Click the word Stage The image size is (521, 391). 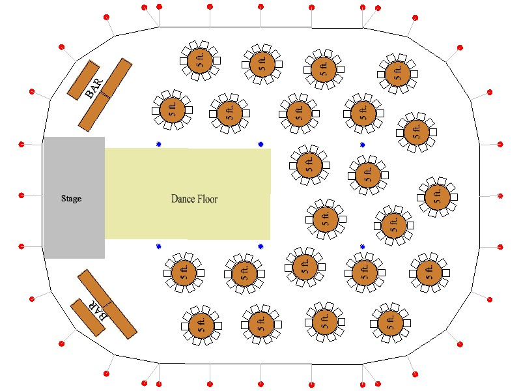(x=71, y=199)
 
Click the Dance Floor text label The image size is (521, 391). (x=194, y=199)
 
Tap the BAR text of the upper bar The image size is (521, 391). (x=94, y=89)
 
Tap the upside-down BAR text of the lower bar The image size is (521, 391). (x=98, y=310)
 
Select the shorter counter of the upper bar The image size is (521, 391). (x=83, y=80)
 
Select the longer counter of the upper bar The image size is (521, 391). (x=106, y=94)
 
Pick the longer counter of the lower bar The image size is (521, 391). (x=107, y=304)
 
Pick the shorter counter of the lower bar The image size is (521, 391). (x=88, y=317)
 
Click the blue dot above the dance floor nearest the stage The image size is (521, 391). (x=159, y=144)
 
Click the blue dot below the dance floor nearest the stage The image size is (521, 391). (x=159, y=246)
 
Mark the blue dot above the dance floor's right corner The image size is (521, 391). (x=261, y=144)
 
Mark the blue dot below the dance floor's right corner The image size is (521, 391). (x=261, y=246)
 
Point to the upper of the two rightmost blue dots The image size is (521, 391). (x=363, y=145)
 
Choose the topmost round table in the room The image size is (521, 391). (x=200, y=61)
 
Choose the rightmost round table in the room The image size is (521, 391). (x=437, y=197)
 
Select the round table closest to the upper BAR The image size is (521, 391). (x=172, y=110)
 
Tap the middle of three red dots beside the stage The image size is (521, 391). (x=21, y=195)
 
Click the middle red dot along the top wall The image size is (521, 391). (x=261, y=7)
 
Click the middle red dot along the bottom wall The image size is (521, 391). (x=261, y=384)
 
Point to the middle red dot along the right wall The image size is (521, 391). (x=500, y=196)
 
